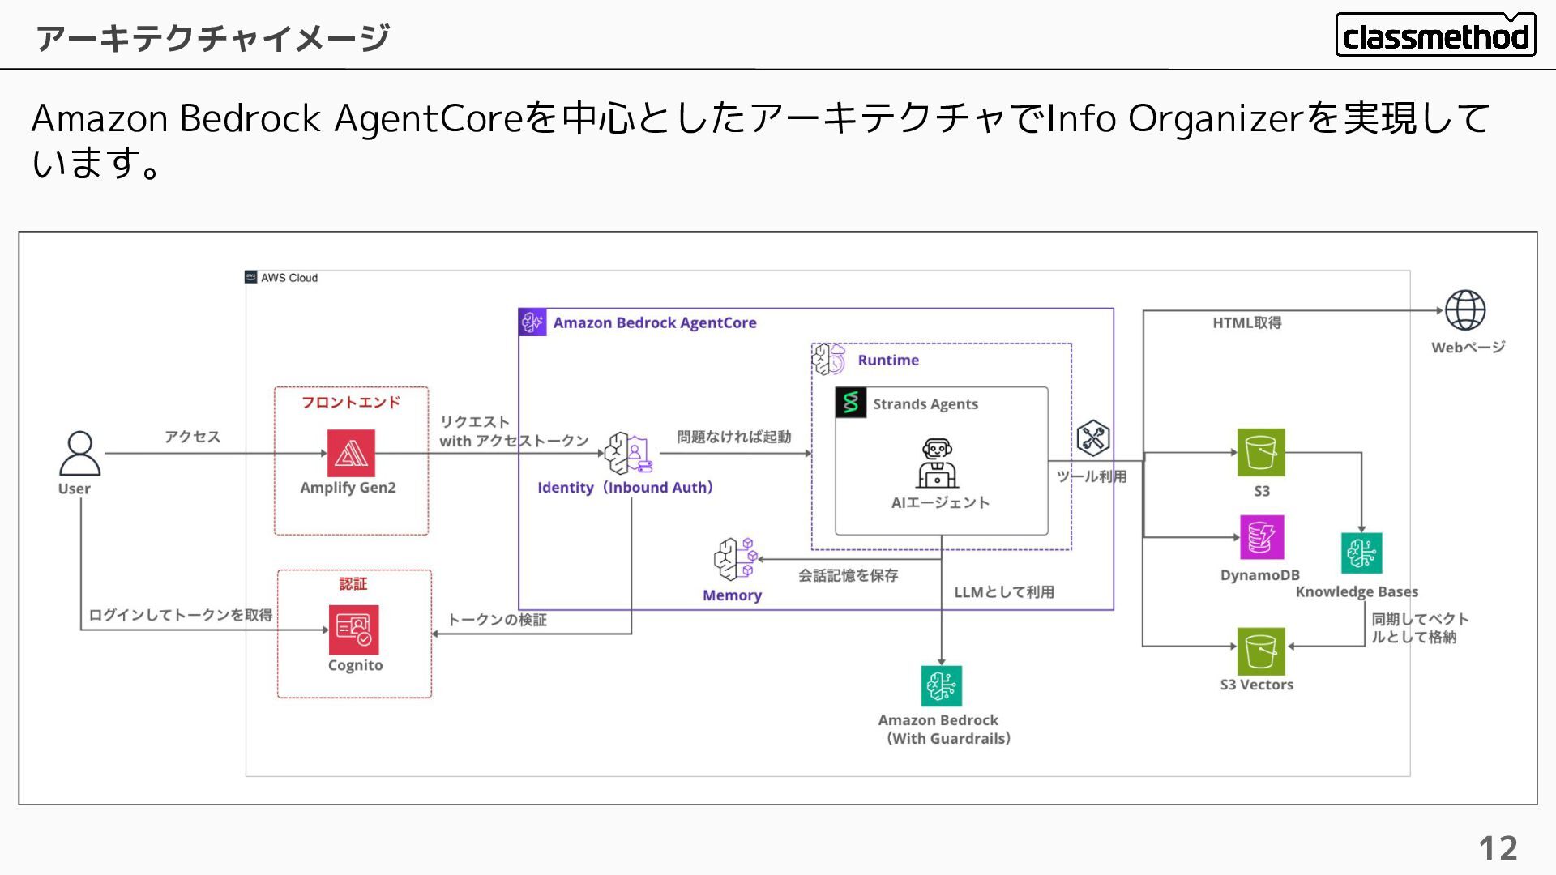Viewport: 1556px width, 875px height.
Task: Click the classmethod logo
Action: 1435,36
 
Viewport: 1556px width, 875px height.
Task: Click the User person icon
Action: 79,454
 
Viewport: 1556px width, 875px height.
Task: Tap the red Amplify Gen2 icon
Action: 351,453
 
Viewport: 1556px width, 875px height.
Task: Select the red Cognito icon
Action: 353,630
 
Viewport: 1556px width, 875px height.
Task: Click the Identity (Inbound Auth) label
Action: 625,488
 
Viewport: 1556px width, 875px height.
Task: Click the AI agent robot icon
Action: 938,463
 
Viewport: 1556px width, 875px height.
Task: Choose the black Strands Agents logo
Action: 851,403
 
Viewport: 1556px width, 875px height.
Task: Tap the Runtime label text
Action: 888,361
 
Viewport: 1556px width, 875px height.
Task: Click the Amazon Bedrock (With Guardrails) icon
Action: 941,686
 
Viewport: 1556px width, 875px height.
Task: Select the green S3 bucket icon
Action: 1261,452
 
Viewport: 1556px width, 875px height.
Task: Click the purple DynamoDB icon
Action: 1261,537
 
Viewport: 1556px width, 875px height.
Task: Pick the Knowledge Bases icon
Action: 1361,553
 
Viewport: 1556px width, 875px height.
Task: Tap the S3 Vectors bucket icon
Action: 1261,651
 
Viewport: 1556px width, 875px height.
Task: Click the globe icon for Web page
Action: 1465,310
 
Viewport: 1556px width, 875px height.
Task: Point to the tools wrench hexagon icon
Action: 1093,438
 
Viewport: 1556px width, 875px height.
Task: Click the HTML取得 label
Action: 1246,323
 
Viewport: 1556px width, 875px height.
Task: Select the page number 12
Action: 1498,848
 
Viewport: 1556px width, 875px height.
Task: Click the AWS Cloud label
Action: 289,278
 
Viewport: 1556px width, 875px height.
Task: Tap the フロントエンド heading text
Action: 351,403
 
